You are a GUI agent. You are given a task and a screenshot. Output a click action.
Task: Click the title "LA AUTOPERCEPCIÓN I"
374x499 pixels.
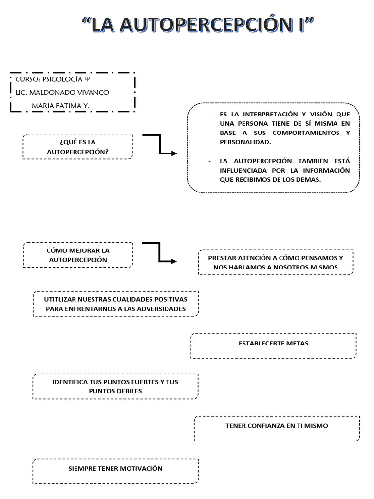[197, 25]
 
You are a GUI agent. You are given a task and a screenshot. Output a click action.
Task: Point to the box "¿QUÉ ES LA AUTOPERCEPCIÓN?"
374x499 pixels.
[77, 146]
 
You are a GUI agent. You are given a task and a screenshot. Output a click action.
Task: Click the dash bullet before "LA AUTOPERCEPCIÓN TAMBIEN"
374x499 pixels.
[209, 161]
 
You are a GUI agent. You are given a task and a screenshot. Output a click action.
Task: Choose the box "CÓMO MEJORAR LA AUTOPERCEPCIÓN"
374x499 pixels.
[77, 255]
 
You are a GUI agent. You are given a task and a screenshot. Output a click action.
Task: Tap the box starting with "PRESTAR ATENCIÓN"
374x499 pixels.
[275, 262]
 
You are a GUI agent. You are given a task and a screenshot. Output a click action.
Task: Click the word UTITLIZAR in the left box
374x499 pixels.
[59, 299]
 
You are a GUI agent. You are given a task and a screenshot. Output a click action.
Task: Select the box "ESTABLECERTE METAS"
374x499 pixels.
[273, 344]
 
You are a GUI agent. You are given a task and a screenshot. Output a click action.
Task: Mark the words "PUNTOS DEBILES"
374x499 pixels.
[115, 391]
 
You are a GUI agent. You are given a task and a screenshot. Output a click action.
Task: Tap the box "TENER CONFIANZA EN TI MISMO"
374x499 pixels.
[277, 426]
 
